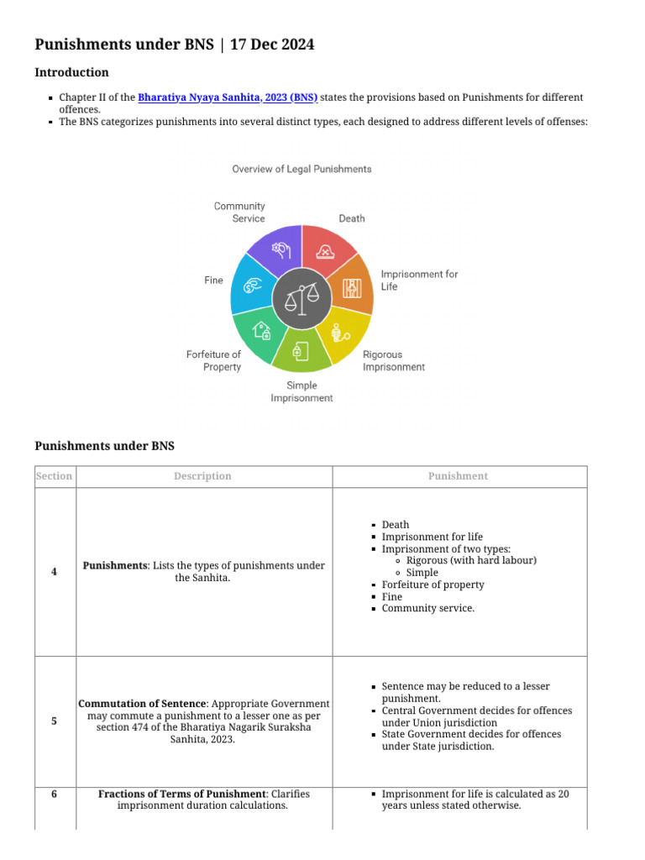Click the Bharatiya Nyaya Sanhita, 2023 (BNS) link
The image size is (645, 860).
click(x=228, y=97)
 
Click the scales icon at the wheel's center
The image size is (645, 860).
click(x=302, y=298)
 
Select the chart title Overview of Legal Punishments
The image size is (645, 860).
click(x=302, y=169)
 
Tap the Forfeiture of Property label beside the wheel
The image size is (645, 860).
click(x=213, y=360)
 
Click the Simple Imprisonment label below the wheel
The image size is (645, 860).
click(x=302, y=391)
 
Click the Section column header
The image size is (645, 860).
click(x=54, y=476)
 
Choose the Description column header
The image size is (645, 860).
click(x=202, y=476)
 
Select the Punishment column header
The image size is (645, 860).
click(x=458, y=476)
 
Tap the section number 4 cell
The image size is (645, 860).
click(x=54, y=572)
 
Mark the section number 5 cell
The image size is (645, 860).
click(x=54, y=721)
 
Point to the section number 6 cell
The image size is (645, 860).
click(x=54, y=794)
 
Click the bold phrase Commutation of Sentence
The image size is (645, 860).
click(x=141, y=703)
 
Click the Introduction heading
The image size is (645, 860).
click(x=71, y=72)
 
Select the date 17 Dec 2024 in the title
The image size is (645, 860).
click(x=272, y=45)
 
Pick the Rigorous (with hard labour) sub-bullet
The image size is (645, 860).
click(x=470, y=560)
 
